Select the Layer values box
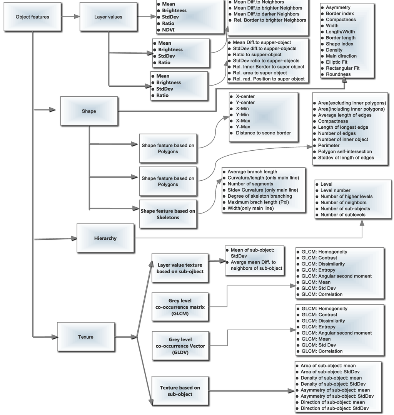point(109,17)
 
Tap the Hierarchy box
point(105,238)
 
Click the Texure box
point(85,337)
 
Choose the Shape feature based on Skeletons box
point(168,214)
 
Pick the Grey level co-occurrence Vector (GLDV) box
point(180,346)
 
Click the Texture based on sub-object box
point(180,391)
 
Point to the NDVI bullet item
point(166,30)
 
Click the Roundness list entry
point(338,74)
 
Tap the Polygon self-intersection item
point(345,151)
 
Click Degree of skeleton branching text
point(259,196)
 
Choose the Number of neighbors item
point(343,202)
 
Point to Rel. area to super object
point(260,73)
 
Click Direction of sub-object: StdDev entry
point(334,408)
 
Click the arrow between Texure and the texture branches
point(125,337)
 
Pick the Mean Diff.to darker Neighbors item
point(266,14)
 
